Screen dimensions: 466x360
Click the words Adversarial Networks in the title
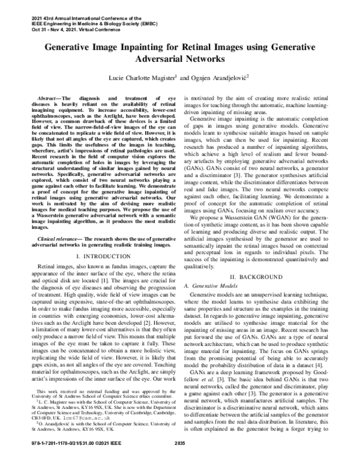click(x=179, y=60)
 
